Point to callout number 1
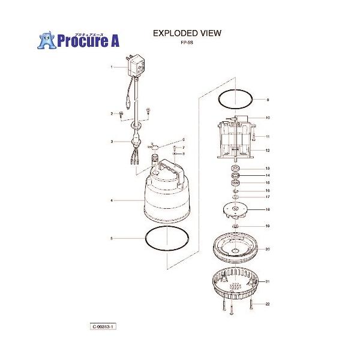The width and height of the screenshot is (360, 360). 112,68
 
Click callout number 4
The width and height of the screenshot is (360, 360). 112,200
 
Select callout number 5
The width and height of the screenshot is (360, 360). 112,239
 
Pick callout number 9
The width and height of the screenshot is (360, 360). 268,99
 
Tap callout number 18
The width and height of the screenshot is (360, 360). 268,210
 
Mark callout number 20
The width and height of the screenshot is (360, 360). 268,248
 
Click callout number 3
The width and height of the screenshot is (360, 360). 112,142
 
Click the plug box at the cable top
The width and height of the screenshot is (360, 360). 136,65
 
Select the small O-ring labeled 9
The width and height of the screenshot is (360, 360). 235,99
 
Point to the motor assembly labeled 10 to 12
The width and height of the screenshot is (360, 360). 236,138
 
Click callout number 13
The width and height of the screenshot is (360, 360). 268,168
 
